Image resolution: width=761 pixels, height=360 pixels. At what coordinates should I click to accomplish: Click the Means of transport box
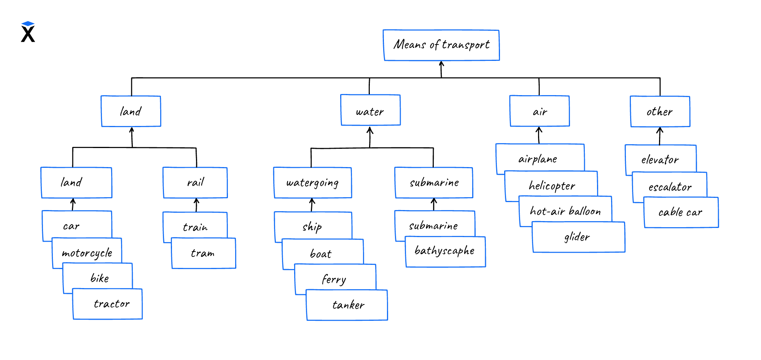441,45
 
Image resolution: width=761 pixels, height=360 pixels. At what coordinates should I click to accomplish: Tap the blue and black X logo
28,32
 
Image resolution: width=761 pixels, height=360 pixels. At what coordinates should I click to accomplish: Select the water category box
370,110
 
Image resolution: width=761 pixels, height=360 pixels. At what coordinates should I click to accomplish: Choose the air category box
540,111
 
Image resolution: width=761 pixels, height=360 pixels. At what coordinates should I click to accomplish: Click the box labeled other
660,112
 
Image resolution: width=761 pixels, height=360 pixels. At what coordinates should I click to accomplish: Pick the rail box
195,183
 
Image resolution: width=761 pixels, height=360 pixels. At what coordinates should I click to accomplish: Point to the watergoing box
312,183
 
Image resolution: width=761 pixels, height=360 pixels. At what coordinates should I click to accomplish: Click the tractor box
108,304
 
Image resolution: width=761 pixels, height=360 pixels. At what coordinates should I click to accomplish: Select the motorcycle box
87,253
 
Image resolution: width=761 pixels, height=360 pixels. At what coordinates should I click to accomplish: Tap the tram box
204,253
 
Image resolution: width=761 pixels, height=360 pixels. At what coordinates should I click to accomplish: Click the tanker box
347,305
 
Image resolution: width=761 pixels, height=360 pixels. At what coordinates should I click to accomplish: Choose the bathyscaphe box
445,252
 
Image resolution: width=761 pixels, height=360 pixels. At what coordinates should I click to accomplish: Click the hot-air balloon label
565,211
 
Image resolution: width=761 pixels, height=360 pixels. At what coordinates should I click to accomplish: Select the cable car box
681,212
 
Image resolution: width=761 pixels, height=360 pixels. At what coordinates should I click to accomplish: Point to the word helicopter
552,186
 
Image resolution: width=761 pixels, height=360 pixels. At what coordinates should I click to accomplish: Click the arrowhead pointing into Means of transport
441,64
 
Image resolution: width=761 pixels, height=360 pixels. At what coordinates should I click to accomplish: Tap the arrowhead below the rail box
196,201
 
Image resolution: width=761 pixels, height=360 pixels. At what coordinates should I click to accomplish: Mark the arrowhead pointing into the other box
660,130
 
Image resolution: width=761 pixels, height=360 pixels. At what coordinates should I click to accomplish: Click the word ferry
334,280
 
